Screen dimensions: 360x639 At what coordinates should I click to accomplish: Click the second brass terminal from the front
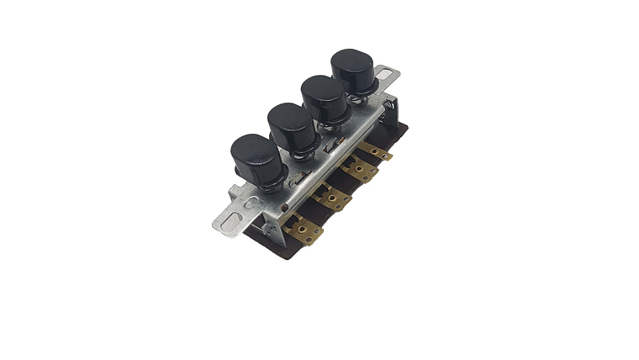[x=333, y=199]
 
